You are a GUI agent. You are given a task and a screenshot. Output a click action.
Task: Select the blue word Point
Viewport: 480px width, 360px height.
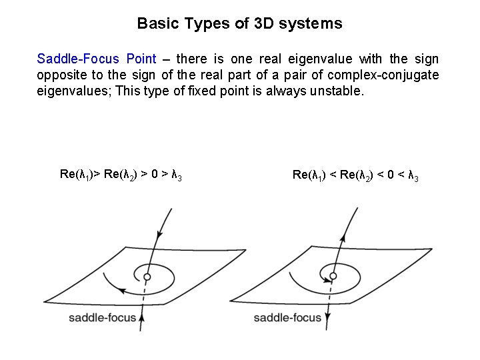point(139,59)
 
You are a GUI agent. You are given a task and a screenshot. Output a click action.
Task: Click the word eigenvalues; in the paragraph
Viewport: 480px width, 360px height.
point(73,91)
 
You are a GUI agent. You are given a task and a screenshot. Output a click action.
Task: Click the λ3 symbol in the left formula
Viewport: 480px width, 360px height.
point(177,175)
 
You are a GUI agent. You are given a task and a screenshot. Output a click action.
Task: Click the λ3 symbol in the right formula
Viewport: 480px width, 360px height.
point(413,175)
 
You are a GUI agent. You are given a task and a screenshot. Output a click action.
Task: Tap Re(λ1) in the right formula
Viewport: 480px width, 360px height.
point(309,175)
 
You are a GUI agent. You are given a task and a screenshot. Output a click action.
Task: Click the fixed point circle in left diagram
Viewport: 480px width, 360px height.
point(147,276)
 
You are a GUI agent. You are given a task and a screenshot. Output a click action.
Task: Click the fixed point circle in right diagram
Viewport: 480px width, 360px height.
point(331,276)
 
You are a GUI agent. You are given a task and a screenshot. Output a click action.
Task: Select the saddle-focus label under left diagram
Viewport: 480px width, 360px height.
point(102,317)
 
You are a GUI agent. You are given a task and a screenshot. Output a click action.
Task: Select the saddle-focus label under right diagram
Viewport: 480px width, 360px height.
point(287,317)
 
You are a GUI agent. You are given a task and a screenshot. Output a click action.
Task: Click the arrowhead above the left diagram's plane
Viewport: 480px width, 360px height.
point(159,234)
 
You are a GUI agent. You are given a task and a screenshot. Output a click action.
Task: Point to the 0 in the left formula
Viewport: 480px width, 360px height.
point(155,175)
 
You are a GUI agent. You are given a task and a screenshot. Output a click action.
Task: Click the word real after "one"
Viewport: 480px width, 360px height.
point(268,59)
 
